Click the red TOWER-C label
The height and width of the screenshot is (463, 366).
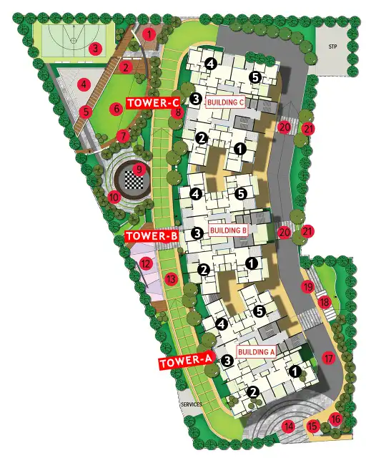pos(152,103)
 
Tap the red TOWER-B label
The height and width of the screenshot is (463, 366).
pos(151,235)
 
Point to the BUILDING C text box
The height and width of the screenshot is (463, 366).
pos(227,102)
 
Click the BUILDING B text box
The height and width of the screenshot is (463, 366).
pos(228,231)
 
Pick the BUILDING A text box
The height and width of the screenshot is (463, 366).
pos(257,352)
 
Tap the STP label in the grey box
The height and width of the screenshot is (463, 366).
pos(332,47)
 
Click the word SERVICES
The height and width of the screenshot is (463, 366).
pos(192,405)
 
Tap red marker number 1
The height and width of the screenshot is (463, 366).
pos(149,33)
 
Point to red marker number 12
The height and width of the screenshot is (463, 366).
pos(146,263)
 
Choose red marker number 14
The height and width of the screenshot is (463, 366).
pos(289,427)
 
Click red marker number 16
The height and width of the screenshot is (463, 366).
pos(336,419)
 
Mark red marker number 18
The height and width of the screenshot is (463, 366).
pos(324,302)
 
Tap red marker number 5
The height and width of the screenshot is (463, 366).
pos(86,112)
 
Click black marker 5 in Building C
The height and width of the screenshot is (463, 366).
pos(254,77)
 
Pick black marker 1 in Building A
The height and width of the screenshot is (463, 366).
pos(294,371)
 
